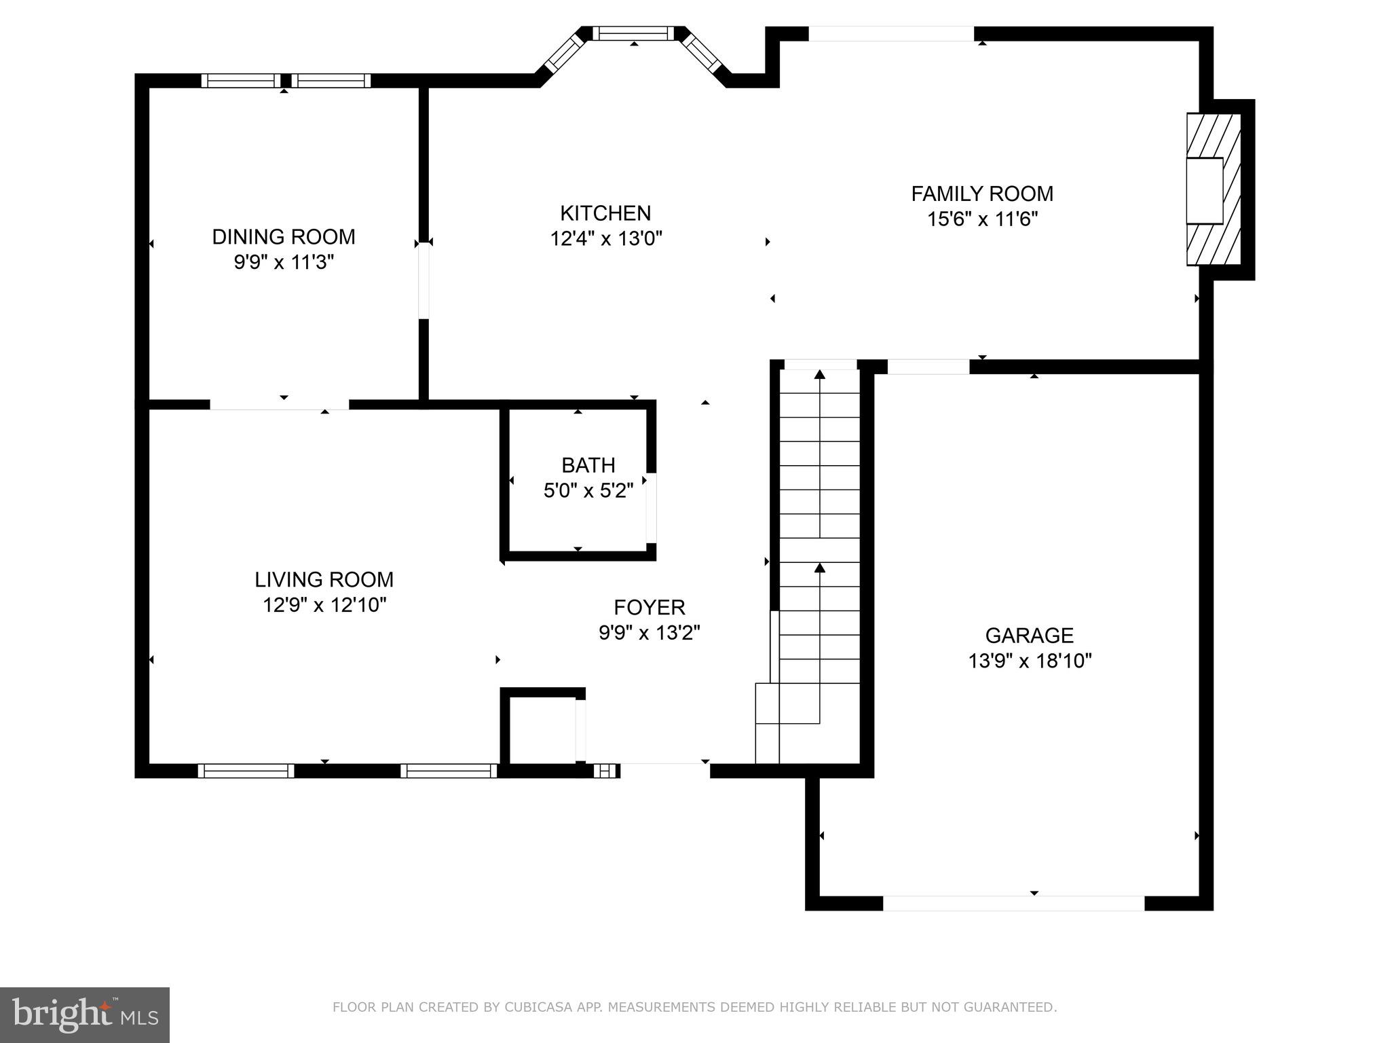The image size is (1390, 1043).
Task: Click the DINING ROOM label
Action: [x=284, y=237]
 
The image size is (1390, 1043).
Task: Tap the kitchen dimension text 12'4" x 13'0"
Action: [x=605, y=239]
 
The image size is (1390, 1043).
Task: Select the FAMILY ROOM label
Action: [x=981, y=194]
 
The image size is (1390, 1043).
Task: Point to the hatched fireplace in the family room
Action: [x=1214, y=189]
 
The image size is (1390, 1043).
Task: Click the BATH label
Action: [x=588, y=465]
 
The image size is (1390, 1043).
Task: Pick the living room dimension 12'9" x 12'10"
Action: [x=324, y=605]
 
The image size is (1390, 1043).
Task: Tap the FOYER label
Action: [x=649, y=607]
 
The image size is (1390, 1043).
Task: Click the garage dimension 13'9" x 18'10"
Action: [x=1029, y=661]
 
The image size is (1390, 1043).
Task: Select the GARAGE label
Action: [x=1029, y=636]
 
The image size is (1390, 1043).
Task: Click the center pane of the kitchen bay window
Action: [x=633, y=33]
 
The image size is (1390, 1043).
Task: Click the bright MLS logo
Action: [x=84, y=1014]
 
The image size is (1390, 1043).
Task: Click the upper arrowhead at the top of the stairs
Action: [x=820, y=375]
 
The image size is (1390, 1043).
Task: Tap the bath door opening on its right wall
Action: [x=651, y=507]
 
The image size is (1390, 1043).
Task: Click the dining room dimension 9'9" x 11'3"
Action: [x=284, y=262]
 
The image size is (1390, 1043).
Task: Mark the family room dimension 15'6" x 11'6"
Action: [x=981, y=219]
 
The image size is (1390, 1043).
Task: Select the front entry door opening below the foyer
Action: [x=664, y=770]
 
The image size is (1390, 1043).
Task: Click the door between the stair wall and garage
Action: [x=928, y=367]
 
